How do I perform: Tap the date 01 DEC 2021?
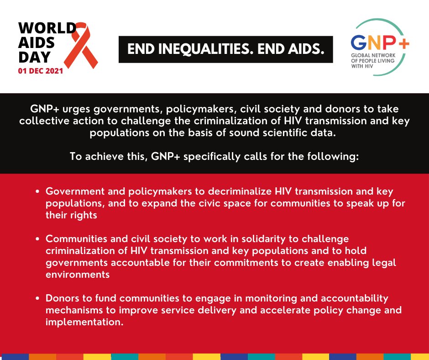(x=41, y=72)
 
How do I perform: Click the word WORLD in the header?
(x=46, y=28)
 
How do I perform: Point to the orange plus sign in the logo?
(x=403, y=42)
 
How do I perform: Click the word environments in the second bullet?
(x=78, y=275)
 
